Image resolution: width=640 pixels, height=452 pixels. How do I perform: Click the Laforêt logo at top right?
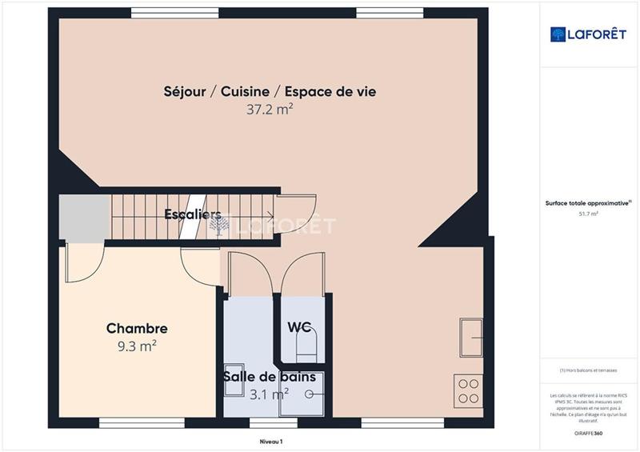[589, 34]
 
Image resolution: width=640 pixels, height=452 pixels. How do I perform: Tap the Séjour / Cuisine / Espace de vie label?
[270, 92]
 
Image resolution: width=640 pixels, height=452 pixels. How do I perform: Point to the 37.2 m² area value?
[270, 110]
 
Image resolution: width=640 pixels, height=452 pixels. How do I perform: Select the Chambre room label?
[137, 329]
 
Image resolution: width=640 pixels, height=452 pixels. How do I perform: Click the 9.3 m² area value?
[137, 346]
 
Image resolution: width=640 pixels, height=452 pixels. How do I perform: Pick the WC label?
[299, 326]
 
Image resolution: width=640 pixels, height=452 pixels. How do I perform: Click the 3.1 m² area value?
[269, 394]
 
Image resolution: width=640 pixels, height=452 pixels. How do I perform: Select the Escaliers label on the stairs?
[192, 214]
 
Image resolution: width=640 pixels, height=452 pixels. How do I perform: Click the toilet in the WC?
[306, 346]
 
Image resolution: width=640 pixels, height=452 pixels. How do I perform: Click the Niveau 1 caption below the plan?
[271, 441]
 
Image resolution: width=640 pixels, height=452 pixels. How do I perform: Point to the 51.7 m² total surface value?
[588, 214]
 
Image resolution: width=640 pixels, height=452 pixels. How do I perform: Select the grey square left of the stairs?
[84, 217]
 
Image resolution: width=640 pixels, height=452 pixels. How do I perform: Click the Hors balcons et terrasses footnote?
[588, 370]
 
